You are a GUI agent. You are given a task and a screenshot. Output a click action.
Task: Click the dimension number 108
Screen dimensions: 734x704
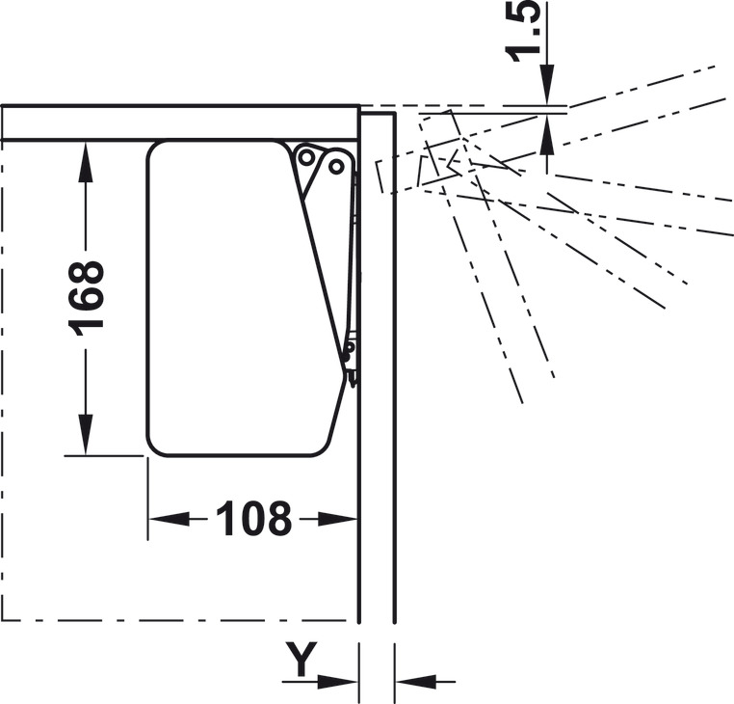point(253,519)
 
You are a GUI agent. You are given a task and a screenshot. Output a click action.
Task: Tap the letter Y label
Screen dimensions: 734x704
point(301,659)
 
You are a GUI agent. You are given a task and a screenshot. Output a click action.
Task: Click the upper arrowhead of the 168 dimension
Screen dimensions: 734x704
point(85,160)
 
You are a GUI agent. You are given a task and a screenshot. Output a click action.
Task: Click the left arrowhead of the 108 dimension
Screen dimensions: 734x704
point(169,519)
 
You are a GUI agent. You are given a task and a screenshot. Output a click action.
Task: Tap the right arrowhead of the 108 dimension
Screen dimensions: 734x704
point(337,519)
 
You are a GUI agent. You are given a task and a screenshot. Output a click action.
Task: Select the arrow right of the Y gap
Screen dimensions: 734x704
point(425,681)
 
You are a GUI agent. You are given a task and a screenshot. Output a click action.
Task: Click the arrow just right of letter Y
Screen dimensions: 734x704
point(320,681)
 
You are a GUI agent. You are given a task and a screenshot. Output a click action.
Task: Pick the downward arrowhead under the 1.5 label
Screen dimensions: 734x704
point(547,84)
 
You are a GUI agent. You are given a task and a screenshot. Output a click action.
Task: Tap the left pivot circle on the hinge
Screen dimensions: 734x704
point(306,157)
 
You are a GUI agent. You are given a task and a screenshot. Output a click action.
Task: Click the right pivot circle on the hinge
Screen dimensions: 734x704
point(335,166)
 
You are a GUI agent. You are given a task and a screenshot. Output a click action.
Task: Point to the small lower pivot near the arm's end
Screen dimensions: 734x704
point(349,347)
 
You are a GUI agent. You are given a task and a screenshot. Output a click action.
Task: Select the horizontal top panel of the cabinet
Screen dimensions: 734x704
point(180,122)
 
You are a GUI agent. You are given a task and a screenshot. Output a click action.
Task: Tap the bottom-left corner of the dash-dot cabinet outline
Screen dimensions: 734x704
point(3,620)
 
